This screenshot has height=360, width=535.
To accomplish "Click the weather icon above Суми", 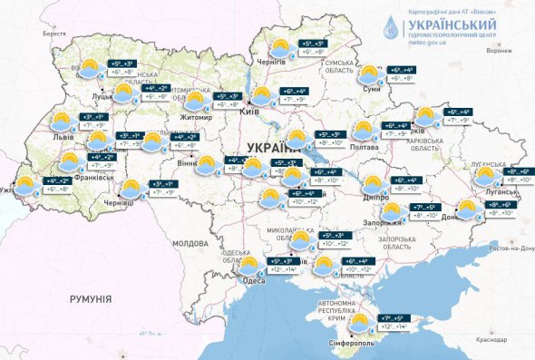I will pyautogui.click(x=370, y=73).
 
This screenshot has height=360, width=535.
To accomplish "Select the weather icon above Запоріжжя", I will pyautogui.click(x=391, y=211).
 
